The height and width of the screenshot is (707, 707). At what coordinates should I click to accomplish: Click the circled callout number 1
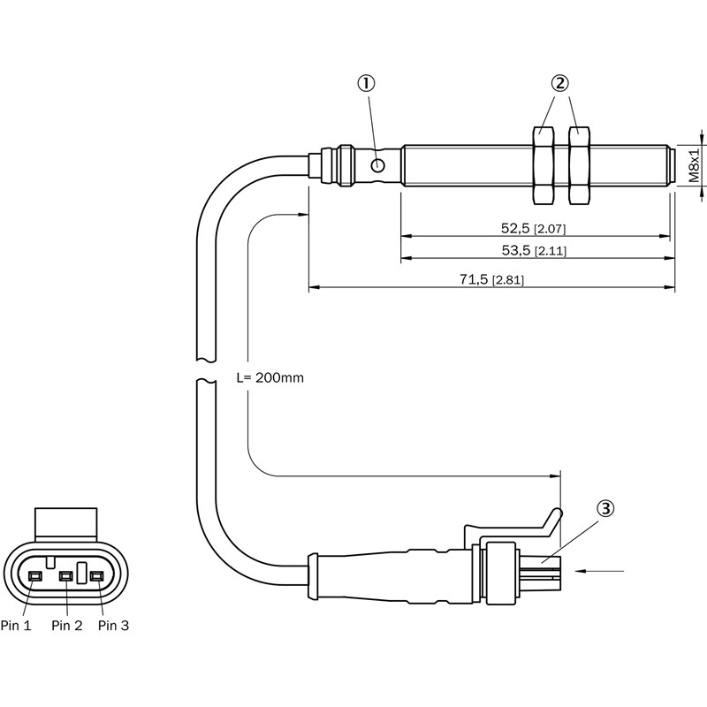(x=366, y=83)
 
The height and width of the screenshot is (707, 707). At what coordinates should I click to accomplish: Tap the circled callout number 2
(x=559, y=83)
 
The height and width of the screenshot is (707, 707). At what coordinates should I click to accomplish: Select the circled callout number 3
(x=605, y=508)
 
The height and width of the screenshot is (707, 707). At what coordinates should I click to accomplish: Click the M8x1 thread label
(x=695, y=165)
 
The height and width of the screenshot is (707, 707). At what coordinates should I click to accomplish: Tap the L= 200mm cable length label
(x=270, y=377)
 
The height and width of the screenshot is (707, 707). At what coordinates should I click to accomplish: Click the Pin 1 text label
(x=16, y=626)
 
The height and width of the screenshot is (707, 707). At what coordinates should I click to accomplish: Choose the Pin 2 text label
(x=67, y=626)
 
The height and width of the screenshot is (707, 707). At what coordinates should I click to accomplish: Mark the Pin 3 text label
(x=113, y=626)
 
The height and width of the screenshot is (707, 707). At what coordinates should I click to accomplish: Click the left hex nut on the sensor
(x=543, y=165)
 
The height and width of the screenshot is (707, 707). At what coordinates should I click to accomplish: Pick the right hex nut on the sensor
(x=579, y=165)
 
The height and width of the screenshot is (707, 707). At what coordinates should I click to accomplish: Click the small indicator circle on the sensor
(x=378, y=164)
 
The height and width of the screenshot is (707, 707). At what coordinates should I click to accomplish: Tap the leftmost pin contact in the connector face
(x=35, y=577)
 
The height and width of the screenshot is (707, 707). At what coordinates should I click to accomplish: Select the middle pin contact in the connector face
(x=65, y=577)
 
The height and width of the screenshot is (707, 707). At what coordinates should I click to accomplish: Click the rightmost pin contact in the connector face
(x=95, y=577)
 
